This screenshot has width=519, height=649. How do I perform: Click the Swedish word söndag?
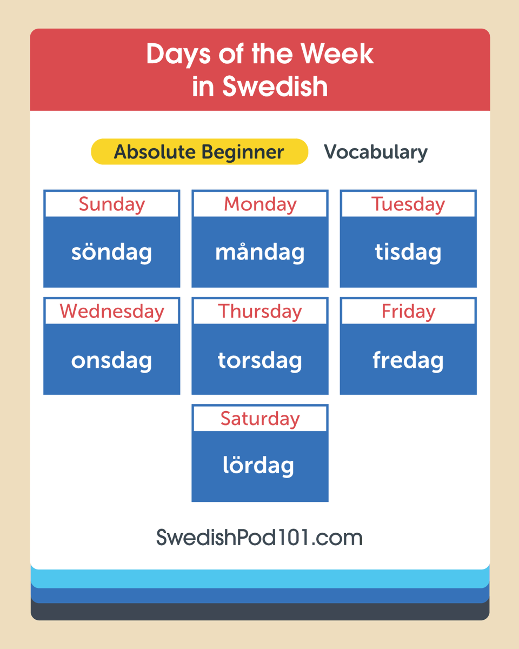(111, 253)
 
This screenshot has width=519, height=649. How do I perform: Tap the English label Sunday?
(111, 204)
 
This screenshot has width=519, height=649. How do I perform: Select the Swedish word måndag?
(259, 253)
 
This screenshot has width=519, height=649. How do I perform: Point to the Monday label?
(259, 204)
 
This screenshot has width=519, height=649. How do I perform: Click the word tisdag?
(408, 253)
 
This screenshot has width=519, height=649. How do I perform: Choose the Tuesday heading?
(408, 204)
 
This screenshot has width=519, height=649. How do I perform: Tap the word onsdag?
(111, 361)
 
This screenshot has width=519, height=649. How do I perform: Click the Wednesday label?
(111, 312)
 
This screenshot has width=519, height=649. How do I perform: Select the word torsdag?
(259, 361)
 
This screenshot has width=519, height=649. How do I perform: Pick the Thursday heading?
(259, 312)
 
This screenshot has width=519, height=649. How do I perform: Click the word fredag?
(408, 361)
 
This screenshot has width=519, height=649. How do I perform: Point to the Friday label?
(408, 312)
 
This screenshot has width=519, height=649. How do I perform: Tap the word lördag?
(258, 466)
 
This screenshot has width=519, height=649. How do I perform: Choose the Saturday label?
(259, 419)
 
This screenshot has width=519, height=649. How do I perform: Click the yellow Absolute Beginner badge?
(199, 152)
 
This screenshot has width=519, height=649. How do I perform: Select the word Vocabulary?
(375, 152)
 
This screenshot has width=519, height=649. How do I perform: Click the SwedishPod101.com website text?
(259, 538)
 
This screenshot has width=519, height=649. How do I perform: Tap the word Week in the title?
(337, 54)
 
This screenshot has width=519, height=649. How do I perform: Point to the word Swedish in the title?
(275, 87)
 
